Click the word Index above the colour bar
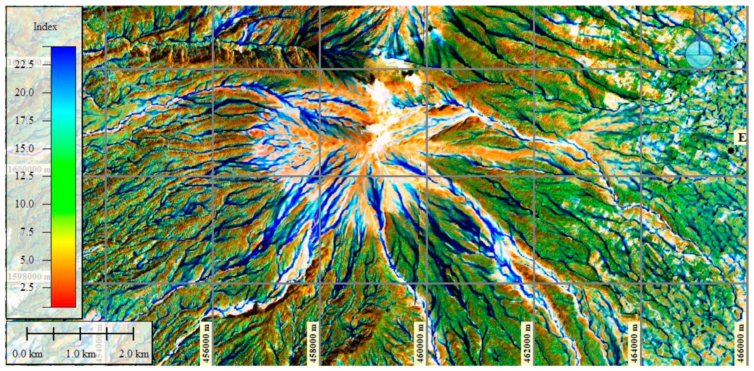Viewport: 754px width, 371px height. [x=45, y=27]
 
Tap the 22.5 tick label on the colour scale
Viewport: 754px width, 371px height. [x=25, y=65]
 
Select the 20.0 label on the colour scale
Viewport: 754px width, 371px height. [x=25, y=92]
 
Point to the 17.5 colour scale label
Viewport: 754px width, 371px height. [x=25, y=120]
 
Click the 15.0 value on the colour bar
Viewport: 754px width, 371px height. [x=25, y=148]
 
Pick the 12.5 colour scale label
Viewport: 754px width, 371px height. [x=25, y=176]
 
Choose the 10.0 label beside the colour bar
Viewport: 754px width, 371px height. [x=25, y=204]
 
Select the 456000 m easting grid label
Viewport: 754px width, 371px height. [x=206, y=343]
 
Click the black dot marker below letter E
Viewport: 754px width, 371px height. [x=731, y=151]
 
